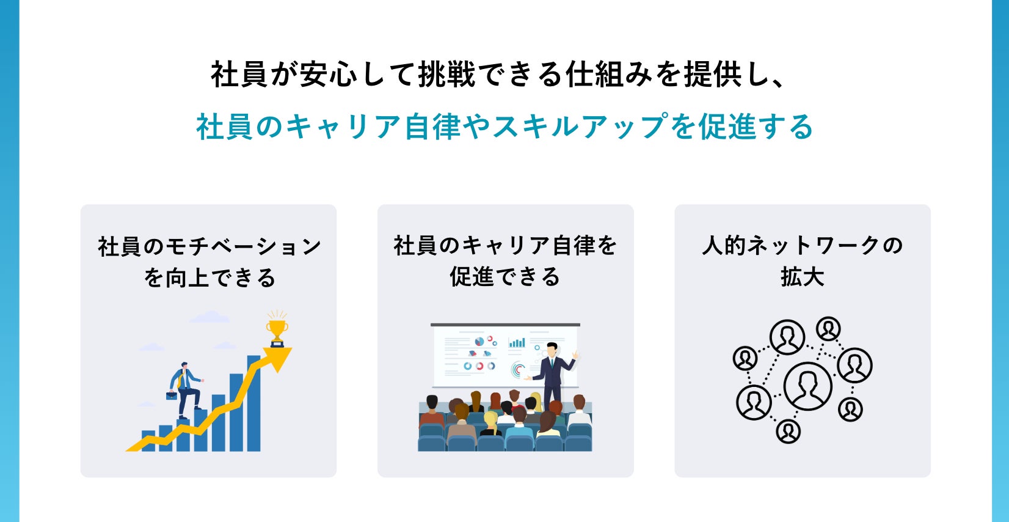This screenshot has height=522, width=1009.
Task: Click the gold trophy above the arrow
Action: (277, 330)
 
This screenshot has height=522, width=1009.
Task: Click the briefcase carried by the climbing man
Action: (172, 395)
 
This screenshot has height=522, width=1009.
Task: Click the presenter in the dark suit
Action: (552, 373)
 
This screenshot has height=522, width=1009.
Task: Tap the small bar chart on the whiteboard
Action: (517, 342)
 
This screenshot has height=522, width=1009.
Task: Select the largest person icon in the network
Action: (807, 386)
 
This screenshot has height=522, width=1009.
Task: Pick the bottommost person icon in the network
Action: (788, 432)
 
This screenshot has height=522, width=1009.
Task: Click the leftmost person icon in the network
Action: (745, 358)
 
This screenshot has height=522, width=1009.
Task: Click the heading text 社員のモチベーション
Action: (209, 246)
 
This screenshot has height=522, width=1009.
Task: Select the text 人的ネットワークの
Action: (802, 246)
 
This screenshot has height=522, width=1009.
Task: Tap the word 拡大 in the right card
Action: (802, 277)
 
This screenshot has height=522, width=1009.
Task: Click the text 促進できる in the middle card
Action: (505, 277)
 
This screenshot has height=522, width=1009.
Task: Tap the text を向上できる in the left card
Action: (209, 278)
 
